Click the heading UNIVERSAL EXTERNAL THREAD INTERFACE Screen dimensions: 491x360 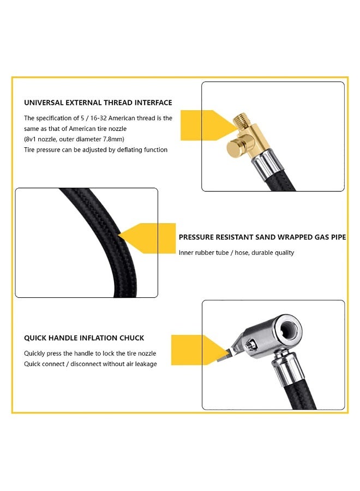tap(98, 103)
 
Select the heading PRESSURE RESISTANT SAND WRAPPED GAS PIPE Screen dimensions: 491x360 tap(262, 237)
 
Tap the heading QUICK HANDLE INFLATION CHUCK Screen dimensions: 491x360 tap(84, 338)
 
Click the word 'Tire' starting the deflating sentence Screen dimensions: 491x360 tap(31, 149)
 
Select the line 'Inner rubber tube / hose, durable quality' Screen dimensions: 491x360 tap(236, 253)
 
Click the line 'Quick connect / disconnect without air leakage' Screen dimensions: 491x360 tap(90, 364)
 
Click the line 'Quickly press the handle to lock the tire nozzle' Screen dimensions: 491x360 tap(91, 354)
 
